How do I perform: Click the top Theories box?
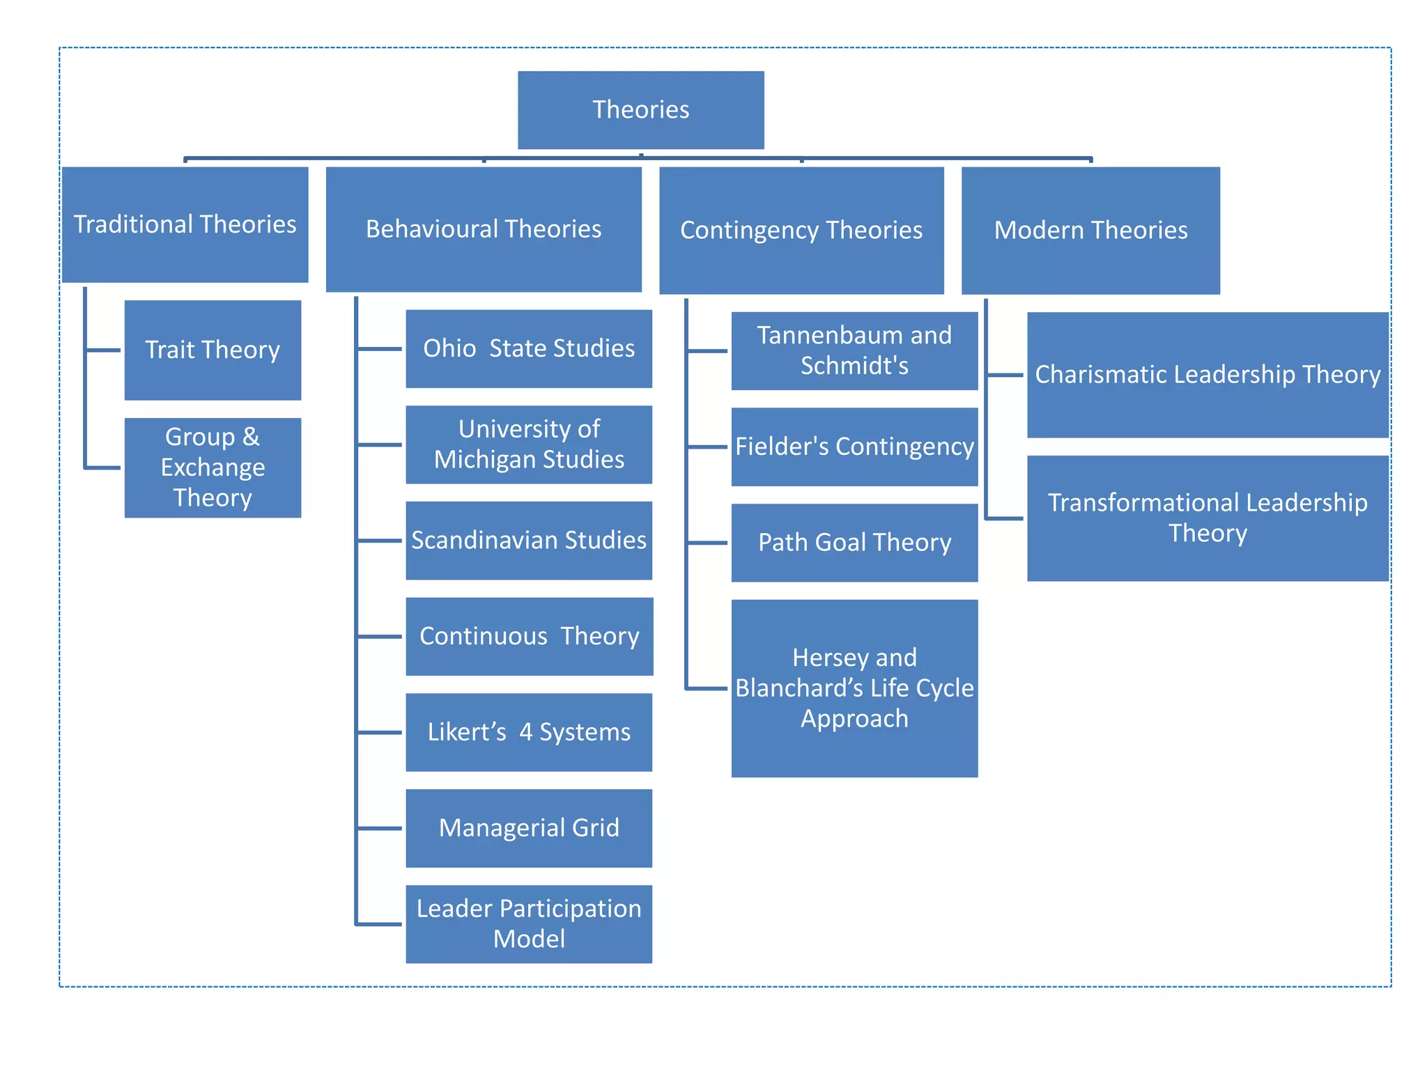(640, 110)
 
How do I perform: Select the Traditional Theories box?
(185, 224)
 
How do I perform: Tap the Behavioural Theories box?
(484, 229)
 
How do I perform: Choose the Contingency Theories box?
(801, 230)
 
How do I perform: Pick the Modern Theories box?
(1090, 230)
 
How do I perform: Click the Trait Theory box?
(213, 350)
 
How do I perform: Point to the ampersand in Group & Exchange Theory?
(251, 437)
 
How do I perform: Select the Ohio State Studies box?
(529, 348)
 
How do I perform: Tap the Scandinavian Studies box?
(529, 541)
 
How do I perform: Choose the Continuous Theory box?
(529, 636)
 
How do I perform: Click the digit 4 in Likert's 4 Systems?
(525, 732)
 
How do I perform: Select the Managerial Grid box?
(529, 828)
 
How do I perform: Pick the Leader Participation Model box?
(529, 924)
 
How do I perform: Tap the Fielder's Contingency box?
(854, 447)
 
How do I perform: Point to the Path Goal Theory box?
(854, 543)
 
